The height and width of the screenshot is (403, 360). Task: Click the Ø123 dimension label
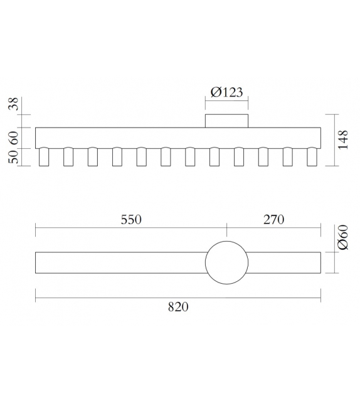tap(226, 92)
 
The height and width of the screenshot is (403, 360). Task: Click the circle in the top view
tap(227, 262)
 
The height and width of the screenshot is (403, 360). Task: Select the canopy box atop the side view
tap(227, 121)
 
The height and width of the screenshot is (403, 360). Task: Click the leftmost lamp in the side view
tap(44, 157)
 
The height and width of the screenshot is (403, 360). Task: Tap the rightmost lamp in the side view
tap(312, 157)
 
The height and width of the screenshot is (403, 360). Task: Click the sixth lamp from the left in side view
tap(166, 157)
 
